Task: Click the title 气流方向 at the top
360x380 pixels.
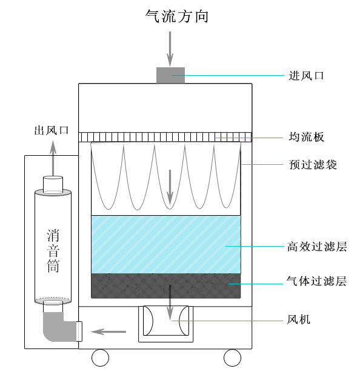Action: click(177, 16)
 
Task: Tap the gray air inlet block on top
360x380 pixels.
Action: click(170, 75)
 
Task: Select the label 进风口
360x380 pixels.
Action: click(306, 76)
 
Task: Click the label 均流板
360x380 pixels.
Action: click(306, 137)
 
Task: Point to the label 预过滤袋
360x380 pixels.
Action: click(313, 165)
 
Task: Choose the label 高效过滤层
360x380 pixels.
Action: click(317, 247)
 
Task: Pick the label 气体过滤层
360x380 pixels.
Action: click(316, 281)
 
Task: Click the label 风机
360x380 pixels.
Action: click(298, 319)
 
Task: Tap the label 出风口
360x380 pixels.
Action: click(52, 130)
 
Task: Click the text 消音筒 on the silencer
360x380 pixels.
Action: click(53, 251)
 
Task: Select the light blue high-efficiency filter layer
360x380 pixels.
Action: click(166, 244)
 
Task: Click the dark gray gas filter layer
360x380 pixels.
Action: click(166, 285)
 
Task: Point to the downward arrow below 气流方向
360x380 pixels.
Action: click(170, 48)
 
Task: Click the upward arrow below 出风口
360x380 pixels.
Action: click(53, 159)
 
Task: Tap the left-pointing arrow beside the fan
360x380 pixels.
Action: click(108, 332)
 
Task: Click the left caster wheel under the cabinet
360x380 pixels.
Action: click(100, 358)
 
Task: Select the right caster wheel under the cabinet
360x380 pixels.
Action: click(232, 358)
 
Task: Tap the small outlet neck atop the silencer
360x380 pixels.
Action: click(53, 184)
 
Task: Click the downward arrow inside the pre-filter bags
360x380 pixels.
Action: click(170, 187)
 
